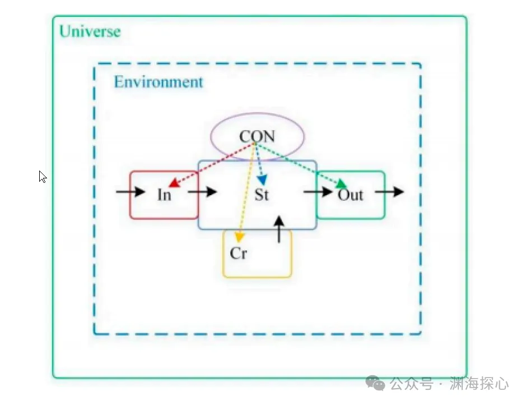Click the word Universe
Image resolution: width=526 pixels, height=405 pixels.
[90, 31]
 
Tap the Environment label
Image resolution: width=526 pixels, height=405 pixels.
[159, 82]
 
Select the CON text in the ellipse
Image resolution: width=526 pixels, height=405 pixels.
[257, 136]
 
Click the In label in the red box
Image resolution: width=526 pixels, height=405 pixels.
[164, 195]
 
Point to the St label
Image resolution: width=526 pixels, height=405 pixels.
[262, 195]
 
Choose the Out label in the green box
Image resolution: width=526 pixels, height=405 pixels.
[350, 195]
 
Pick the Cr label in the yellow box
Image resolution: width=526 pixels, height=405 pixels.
[239, 253]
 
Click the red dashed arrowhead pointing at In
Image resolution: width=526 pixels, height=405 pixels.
[174, 183]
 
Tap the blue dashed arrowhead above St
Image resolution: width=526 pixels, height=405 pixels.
[262, 180]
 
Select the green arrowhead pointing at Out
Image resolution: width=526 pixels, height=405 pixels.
[342, 184]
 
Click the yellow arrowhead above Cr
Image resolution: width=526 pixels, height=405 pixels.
[239, 237]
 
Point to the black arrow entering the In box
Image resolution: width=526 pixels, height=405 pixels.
[131, 192]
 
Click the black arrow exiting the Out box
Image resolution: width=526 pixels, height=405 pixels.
[389, 192]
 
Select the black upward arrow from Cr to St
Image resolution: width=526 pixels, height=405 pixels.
[279, 229]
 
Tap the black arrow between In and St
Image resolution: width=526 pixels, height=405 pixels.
[202, 192]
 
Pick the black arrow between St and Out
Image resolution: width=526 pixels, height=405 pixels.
[318, 192]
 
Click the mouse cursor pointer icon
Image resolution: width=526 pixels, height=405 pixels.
[42, 177]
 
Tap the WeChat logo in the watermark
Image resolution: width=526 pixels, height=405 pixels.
[375, 383]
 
